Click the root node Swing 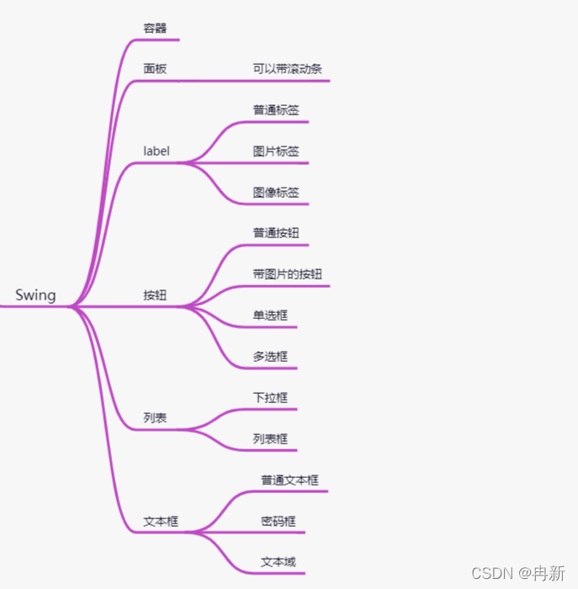tap(35, 295)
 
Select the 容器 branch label tap(155, 28)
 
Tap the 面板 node tap(155, 69)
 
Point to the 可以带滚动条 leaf tap(287, 69)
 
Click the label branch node tap(156, 151)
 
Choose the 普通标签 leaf tap(275, 110)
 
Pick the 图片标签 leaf tap(275, 151)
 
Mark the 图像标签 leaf tap(275, 193)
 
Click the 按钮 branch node tap(155, 295)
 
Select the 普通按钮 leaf tap(275, 233)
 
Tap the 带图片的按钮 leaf tap(287, 274)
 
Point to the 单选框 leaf tap(269, 316)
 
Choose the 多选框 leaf tap(269, 357)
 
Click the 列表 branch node tap(155, 418)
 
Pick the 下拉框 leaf tap(269, 398)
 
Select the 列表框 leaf tap(269, 439)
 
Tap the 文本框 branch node tap(161, 522)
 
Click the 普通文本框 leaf tap(289, 480)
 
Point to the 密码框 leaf tap(278, 522)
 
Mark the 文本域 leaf tap(278, 562)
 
